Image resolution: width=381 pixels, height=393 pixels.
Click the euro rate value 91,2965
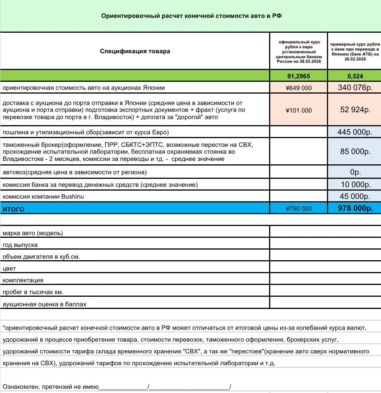point(298,76)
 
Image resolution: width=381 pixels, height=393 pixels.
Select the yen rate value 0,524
point(354,76)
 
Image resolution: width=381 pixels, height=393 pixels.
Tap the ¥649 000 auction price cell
point(298,88)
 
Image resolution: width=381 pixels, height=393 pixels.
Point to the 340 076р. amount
point(354,88)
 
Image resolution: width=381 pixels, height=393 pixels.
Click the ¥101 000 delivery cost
point(298,110)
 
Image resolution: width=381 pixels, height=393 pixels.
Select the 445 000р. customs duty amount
point(354,132)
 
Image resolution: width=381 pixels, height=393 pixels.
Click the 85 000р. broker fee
point(355,151)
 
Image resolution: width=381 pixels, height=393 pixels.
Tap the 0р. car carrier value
point(355,172)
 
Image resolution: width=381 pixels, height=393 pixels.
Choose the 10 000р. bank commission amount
point(355,185)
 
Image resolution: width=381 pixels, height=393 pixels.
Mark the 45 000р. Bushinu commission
point(355,196)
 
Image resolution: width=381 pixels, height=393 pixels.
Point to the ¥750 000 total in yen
point(298,208)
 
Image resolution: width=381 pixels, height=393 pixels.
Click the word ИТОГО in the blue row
point(13,209)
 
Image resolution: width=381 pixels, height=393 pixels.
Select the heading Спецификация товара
point(135,51)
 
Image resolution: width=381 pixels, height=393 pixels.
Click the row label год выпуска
point(20,245)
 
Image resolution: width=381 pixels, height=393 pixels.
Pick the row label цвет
point(9,269)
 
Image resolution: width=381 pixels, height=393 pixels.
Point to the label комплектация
point(23,280)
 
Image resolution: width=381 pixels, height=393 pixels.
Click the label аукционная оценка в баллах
point(45,304)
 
